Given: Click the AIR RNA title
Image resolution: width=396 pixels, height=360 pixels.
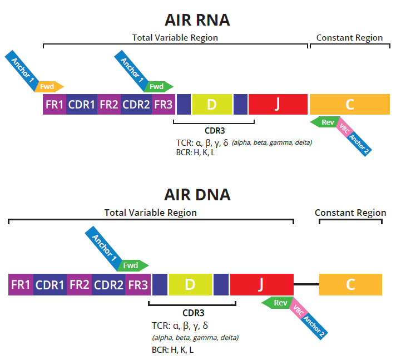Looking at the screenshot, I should tap(197, 20).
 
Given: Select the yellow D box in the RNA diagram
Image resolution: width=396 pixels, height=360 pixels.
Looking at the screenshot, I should tap(211, 105).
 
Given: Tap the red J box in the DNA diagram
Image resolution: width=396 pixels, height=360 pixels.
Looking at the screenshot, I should tap(261, 284).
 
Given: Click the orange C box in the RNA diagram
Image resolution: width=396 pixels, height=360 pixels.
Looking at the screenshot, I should tap(349, 105).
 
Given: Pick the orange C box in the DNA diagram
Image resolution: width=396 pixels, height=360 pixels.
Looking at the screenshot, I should tap(350, 284).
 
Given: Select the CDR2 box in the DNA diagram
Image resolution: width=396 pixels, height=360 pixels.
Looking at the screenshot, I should tap(108, 284).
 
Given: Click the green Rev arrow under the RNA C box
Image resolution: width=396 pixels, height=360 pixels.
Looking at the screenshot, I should tap(325, 122).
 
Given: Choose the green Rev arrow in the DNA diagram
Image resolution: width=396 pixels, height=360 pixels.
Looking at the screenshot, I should tap(278, 303).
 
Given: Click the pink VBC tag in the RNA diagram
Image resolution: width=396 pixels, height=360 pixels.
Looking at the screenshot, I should tap(344, 127).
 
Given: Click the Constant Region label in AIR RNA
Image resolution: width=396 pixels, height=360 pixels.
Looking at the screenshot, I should tap(349, 38).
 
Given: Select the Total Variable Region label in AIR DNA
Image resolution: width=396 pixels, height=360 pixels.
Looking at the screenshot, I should tap(151, 213).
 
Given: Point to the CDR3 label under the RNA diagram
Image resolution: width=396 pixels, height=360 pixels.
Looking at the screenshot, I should tap(214, 131).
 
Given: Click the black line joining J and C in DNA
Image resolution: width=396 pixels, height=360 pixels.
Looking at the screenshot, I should tap(306, 284).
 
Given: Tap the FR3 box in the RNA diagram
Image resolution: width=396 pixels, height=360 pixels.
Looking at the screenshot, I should tap(163, 105).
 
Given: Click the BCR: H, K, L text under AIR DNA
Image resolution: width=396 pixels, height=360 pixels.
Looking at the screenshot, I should tap(172, 349).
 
